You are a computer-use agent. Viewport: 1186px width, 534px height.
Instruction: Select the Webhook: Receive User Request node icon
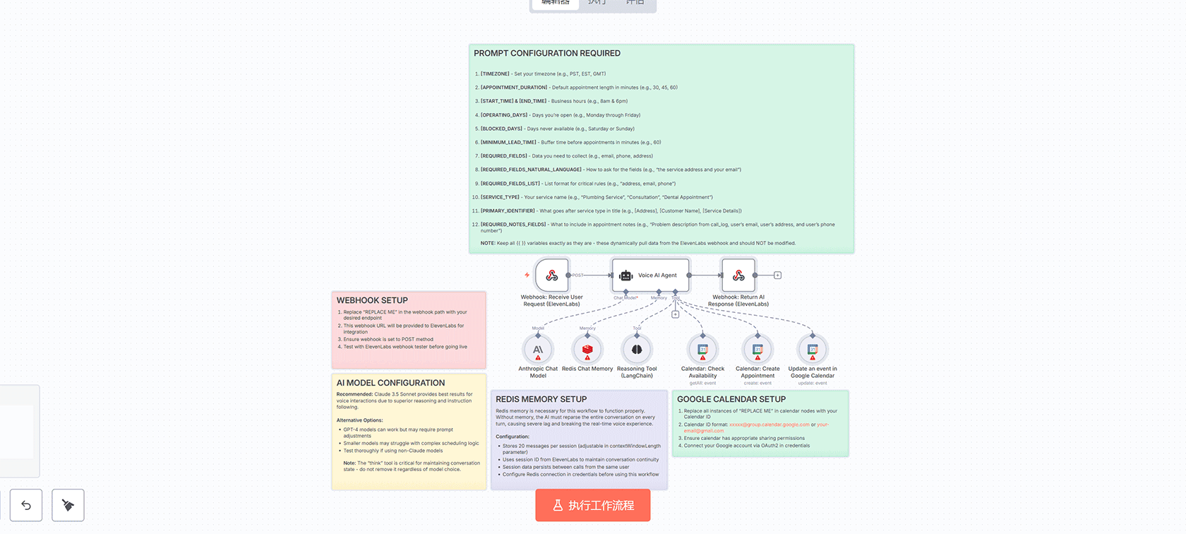point(551,275)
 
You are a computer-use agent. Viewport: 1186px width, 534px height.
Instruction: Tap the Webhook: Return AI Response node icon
point(738,275)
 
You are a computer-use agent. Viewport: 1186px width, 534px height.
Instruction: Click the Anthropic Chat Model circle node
point(538,350)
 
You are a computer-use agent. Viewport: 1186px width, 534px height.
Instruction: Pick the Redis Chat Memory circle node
point(587,350)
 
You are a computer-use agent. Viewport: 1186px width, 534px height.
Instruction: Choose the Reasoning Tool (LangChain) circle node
point(637,350)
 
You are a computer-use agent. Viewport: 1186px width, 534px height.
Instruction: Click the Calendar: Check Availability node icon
point(702,350)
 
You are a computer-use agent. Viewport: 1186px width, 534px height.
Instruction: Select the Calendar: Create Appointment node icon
point(757,350)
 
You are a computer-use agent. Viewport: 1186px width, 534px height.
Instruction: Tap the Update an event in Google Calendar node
point(813,350)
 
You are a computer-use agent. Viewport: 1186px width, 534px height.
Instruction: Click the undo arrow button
point(26,505)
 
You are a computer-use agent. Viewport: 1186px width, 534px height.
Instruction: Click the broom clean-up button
point(68,505)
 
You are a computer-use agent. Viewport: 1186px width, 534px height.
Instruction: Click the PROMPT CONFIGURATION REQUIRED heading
point(547,54)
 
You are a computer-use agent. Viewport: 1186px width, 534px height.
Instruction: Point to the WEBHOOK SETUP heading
point(372,301)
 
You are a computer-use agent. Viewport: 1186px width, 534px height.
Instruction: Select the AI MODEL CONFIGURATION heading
point(390,383)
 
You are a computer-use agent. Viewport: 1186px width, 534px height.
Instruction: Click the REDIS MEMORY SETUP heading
point(541,400)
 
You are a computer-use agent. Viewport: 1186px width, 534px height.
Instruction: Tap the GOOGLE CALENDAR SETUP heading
point(731,400)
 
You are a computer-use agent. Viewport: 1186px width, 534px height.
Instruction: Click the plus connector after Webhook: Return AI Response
point(777,275)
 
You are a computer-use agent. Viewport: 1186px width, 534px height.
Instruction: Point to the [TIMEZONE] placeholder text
point(495,74)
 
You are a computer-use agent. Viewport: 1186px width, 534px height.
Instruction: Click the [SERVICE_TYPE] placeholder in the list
point(500,198)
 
